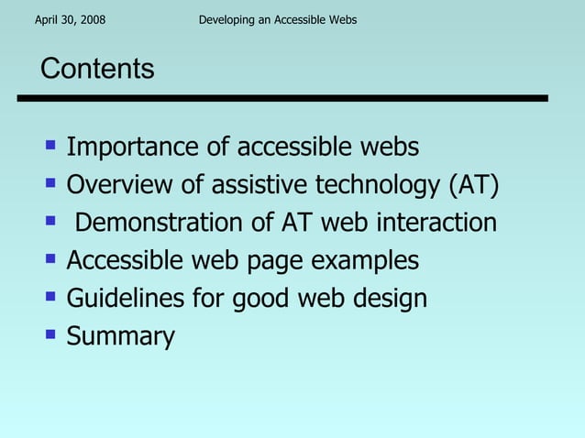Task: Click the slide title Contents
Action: [x=97, y=69]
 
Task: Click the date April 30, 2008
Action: [x=69, y=19]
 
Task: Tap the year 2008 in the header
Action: [x=91, y=19]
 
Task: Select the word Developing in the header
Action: [x=226, y=19]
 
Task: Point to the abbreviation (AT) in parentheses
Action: [x=473, y=185]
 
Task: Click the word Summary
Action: [x=120, y=336]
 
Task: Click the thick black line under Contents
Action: [x=293, y=98]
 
